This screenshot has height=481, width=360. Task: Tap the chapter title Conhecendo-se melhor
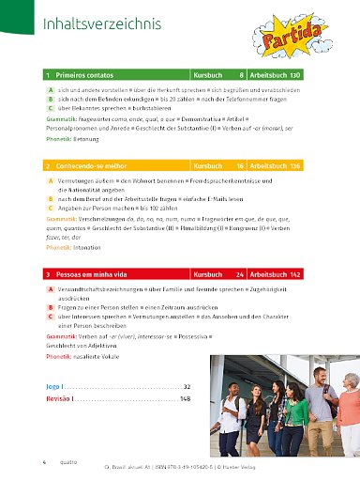[93, 165]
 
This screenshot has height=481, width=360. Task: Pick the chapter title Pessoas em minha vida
[94, 274]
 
